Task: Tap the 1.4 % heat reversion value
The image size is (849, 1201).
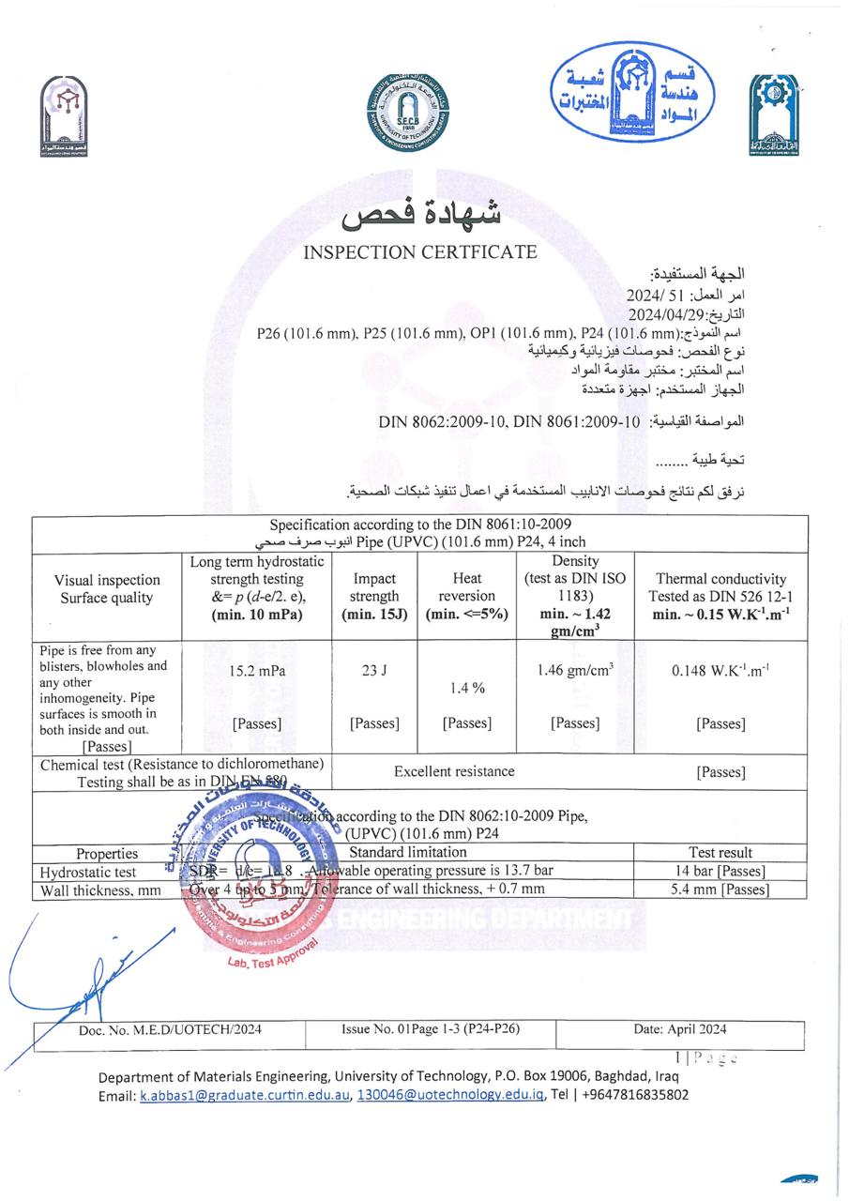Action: [466, 688]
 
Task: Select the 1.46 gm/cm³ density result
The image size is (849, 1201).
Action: [575, 671]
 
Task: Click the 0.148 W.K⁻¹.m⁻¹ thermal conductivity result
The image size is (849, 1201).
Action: [720, 671]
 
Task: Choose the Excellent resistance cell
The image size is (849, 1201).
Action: [454, 771]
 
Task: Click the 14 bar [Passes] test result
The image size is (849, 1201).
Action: [720, 871]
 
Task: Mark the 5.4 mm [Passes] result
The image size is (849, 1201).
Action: [720, 889]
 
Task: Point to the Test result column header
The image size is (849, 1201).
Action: [720, 853]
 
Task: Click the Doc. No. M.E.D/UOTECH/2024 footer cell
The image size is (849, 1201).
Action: [170, 1029]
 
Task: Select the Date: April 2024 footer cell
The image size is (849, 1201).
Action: [679, 1029]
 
